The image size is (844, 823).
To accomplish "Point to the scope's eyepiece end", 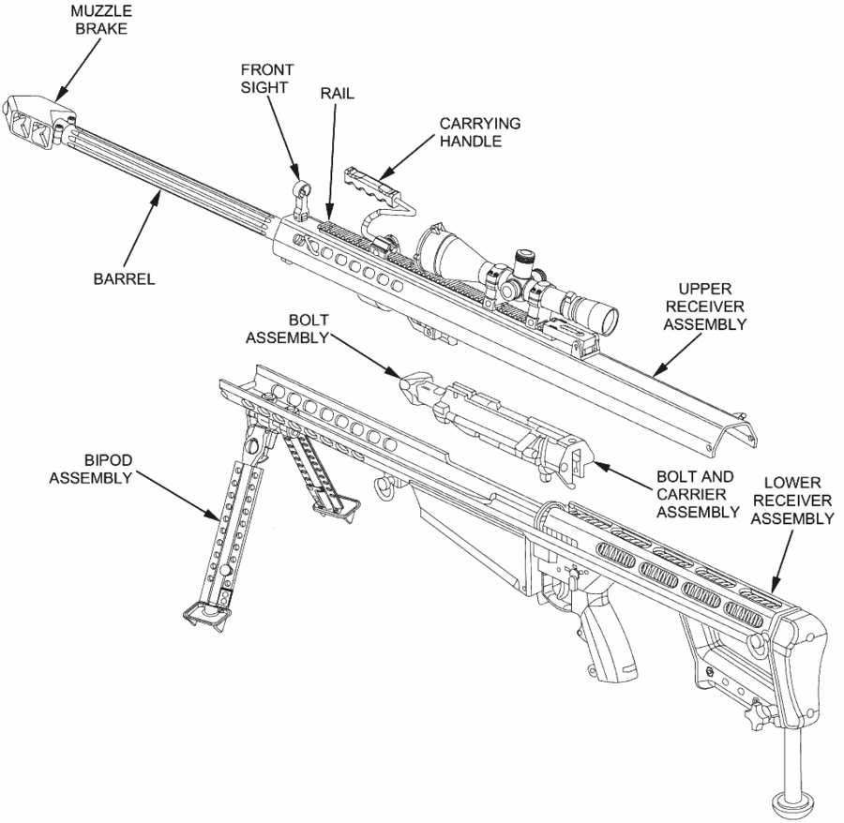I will (x=605, y=319).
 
